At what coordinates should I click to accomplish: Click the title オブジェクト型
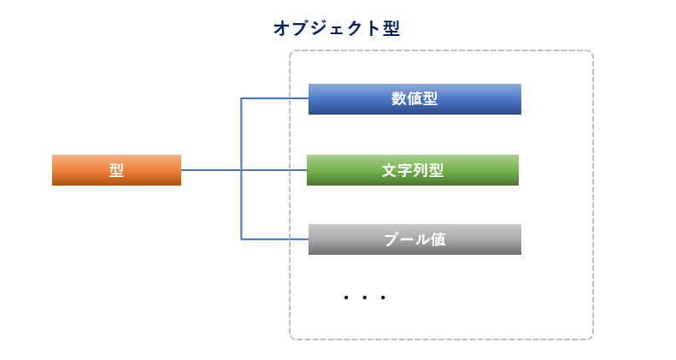pos(337,28)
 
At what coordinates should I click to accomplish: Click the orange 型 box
pos(116,170)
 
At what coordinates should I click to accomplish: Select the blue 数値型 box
pos(414,99)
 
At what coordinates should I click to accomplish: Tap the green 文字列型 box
pos(413,170)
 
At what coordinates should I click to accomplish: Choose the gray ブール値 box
pos(414,239)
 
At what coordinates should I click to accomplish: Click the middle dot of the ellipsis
pos(364,298)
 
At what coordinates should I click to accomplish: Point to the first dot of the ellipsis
pos(346,298)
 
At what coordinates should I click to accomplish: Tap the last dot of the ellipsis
pos(383,298)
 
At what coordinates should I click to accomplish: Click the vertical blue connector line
pos(241,169)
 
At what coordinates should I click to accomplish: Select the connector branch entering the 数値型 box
pos(274,98)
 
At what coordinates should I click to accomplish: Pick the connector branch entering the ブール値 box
pos(274,239)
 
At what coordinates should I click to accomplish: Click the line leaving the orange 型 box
pos(244,170)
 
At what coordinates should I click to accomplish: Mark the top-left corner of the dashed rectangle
pos(290,50)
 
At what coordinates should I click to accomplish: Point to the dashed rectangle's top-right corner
pos(593,50)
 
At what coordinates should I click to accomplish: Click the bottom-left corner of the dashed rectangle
pos(290,339)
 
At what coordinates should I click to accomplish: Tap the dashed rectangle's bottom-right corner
pos(593,339)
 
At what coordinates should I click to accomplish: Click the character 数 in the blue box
pos(399,98)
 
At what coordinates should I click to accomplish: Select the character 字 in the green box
pos(405,170)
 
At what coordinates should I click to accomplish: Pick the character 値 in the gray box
pos(438,239)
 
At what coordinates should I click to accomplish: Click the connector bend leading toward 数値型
pos(241,98)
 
